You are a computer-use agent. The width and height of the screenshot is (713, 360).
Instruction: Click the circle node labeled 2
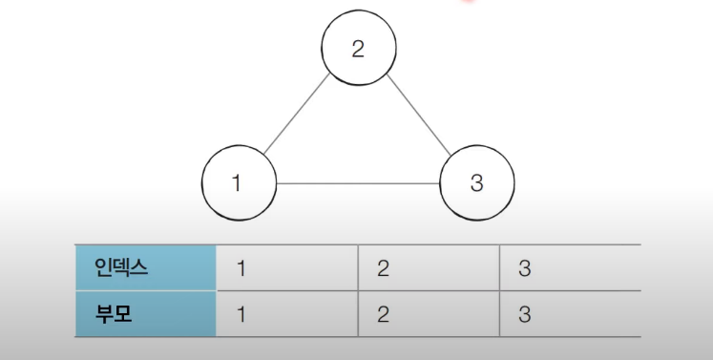coord(358,48)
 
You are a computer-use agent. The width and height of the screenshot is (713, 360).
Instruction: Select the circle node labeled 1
coord(240,182)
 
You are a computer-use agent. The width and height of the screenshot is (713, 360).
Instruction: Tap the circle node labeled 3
coord(477,182)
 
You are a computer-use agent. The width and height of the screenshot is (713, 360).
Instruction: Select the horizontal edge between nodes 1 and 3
coord(358,183)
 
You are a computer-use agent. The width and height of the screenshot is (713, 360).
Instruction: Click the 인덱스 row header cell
coord(145,268)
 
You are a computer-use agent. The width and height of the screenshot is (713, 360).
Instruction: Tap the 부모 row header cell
coord(145,313)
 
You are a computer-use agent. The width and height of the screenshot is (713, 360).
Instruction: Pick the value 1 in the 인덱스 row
coord(241,268)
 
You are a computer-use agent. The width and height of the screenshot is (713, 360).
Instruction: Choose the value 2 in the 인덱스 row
coord(383,268)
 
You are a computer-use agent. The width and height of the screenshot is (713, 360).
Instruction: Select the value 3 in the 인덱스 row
coord(524,268)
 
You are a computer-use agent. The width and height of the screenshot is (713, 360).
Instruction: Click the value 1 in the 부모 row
coord(241,314)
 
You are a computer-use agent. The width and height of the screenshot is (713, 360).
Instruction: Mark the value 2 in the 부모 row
coord(383,314)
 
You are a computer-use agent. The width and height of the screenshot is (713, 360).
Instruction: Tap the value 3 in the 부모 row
coord(524,314)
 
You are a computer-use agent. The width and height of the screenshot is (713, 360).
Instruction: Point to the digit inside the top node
coord(358,49)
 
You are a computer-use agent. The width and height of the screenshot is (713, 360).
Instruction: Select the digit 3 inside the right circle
coord(477,183)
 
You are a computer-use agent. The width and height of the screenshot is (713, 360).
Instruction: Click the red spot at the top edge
coord(467,3)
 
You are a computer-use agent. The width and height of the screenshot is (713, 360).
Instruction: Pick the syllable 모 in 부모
coord(119,313)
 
